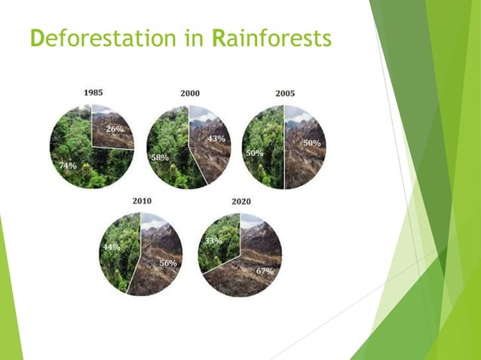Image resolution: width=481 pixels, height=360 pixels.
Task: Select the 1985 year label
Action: (93, 93)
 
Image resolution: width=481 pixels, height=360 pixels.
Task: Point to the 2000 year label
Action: (190, 93)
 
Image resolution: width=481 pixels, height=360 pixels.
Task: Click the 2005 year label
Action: (285, 93)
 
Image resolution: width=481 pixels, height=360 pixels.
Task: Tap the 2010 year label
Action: (142, 201)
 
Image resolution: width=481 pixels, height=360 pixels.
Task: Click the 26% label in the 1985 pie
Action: (115, 129)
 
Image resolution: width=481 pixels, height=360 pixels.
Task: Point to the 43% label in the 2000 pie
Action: (216, 139)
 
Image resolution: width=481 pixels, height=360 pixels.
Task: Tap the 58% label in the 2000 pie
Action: (159, 157)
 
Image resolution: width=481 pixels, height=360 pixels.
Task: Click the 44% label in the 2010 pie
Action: (112, 247)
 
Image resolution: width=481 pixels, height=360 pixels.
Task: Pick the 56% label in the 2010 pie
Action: (167, 263)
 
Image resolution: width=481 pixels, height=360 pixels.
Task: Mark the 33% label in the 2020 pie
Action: (213, 241)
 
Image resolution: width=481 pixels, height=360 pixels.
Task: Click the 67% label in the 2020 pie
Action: (263, 270)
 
